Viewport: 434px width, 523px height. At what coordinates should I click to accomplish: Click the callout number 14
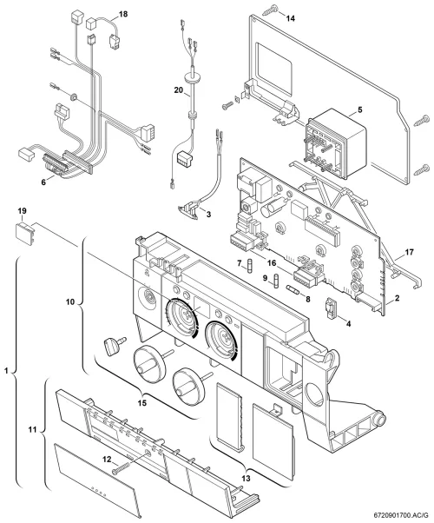point(290,18)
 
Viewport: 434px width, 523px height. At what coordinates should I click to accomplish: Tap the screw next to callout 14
point(270,10)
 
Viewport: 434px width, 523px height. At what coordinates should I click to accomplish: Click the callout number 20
point(178,90)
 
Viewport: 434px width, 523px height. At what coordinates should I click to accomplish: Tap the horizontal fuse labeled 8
point(293,289)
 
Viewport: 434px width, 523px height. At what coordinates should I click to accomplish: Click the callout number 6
point(43,182)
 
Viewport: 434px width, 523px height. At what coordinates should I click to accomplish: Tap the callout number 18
point(123,15)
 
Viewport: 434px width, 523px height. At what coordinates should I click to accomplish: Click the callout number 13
point(246,479)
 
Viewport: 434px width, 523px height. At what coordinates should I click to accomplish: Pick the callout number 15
point(142,403)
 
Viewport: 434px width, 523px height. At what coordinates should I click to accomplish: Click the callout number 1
point(6,371)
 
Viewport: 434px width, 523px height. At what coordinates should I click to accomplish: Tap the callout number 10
point(70,302)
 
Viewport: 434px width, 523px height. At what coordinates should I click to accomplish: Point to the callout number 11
point(32,430)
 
